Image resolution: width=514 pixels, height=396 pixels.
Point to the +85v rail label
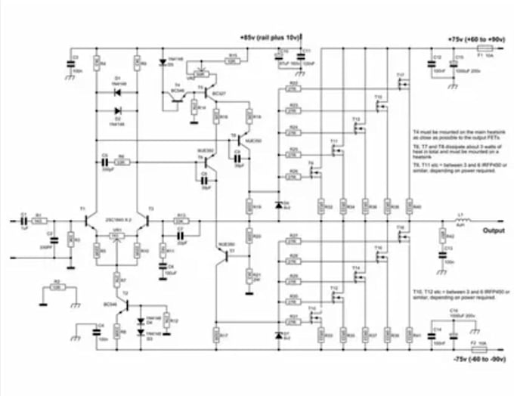[269, 36]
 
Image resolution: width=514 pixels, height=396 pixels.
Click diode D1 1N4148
[117, 92]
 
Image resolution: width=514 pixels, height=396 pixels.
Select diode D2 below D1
[117, 113]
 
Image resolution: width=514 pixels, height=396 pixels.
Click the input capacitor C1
[23, 221]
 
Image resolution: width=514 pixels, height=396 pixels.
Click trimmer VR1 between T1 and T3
[116, 237]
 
